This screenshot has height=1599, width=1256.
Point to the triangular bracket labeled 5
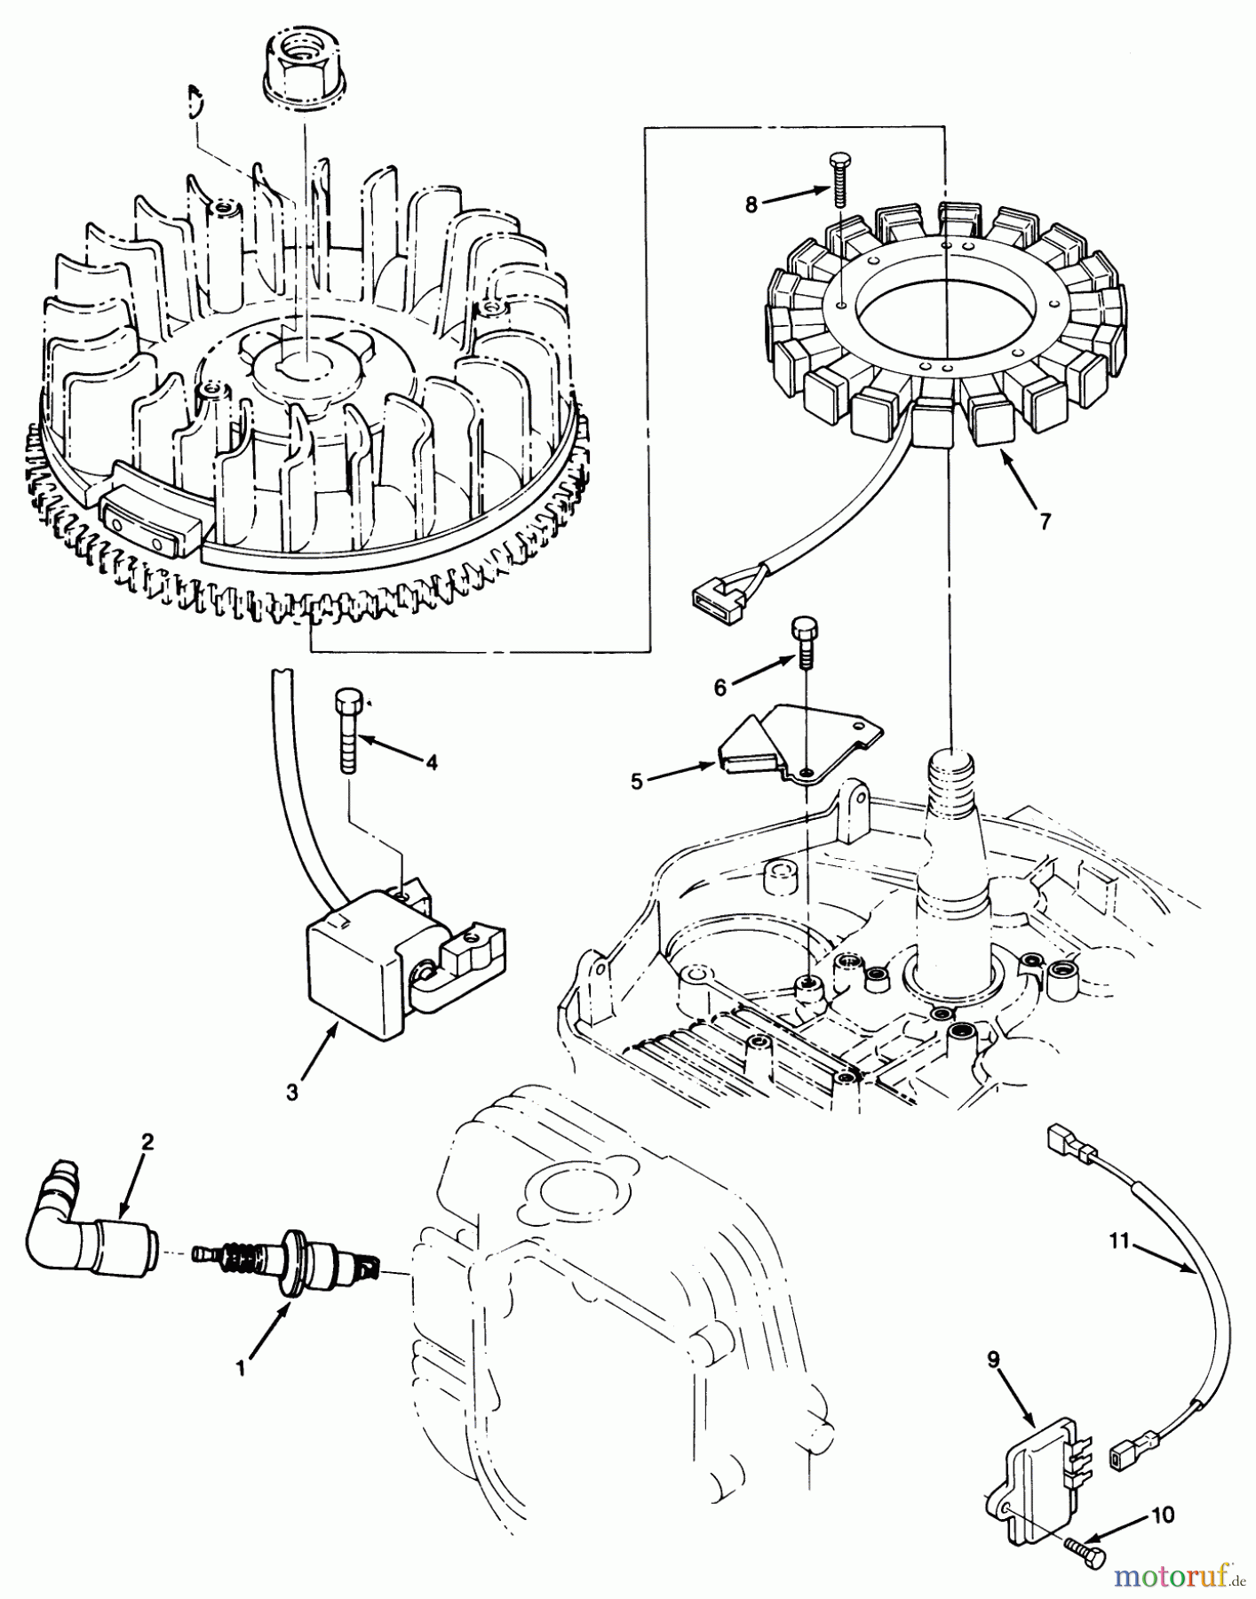(x=782, y=746)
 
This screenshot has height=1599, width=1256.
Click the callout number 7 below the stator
(x=1045, y=521)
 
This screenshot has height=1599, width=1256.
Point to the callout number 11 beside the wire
(x=1118, y=1240)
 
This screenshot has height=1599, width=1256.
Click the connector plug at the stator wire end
(x=717, y=595)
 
